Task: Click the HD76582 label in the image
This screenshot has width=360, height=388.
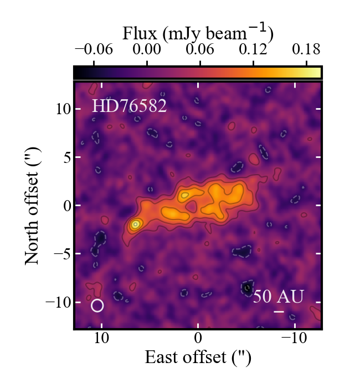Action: click(x=129, y=106)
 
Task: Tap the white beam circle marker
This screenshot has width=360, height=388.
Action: click(x=97, y=305)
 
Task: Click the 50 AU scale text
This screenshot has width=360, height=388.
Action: click(x=279, y=297)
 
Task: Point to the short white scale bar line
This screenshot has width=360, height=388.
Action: click(x=279, y=312)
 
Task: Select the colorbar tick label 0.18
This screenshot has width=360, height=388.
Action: click(x=306, y=49)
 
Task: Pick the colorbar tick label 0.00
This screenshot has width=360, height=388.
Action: click(x=147, y=49)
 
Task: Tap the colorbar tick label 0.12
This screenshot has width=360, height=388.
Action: click(x=253, y=49)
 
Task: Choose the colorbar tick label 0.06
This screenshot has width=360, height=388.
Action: click(x=200, y=49)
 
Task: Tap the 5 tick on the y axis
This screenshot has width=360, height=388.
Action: click(x=66, y=157)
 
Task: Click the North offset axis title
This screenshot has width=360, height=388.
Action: click(x=33, y=205)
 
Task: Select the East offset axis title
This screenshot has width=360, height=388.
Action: click(x=198, y=358)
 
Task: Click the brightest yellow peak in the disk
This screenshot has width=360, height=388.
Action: click(x=135, y=224)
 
